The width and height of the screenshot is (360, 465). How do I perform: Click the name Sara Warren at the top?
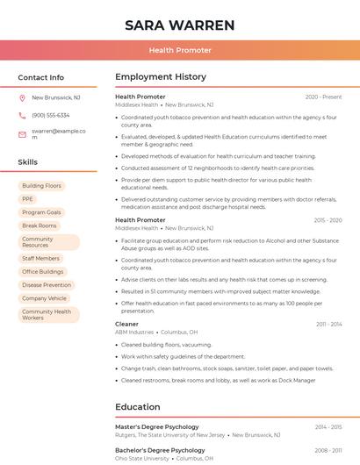[x=180, y=25]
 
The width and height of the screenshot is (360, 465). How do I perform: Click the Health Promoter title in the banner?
[x=180, y=50]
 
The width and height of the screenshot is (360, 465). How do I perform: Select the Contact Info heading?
[x=41, y=77]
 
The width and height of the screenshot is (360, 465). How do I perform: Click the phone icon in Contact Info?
[x=22, y=115]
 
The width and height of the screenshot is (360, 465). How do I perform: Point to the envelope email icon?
[x=22, y=134]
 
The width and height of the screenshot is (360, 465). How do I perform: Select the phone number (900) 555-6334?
[x=51, y=115]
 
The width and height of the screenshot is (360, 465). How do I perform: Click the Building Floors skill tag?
[x=41, y=186]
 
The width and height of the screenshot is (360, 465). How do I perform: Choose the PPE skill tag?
[x=28, y=199]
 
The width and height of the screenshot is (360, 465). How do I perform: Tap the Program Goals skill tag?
[x=41, y=212]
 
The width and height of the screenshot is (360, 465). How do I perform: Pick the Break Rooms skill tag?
[x=40, y=225]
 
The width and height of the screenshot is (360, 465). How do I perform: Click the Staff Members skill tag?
[x=41, y=259]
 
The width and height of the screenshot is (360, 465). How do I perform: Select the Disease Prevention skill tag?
[x=47, y=285]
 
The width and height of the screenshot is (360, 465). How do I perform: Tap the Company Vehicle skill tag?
[x=45, y=298]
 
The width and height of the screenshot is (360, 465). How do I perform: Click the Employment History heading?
[x=161, y=77]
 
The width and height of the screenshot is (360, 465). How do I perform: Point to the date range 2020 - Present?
[x=323, y=97]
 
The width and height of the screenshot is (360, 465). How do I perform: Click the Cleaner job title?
[x=126, y=325]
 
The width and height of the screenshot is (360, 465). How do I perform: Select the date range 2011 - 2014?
[x=328, y=325]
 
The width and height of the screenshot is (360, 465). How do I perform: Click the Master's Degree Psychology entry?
[x=157, y=426]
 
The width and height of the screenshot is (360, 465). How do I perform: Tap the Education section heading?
[x=138, y=407]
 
